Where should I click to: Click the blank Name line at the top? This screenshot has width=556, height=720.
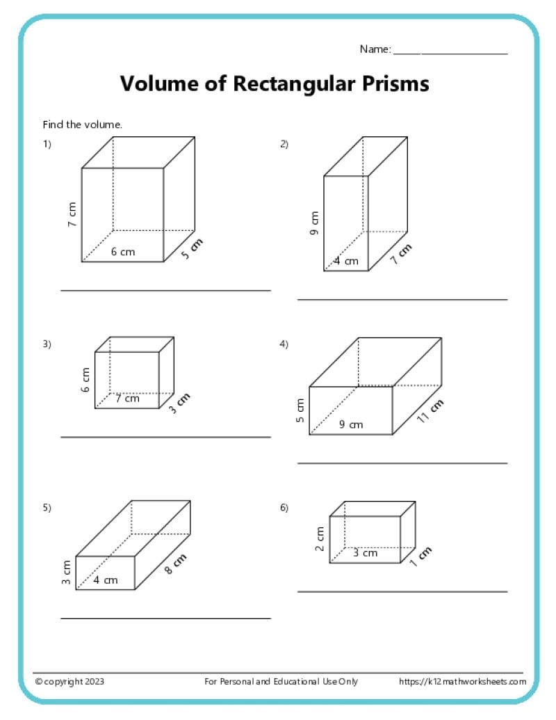click(450, 54)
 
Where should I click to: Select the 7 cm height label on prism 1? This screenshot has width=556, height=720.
click(72, 215)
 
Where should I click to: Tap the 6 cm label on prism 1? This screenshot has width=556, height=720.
click(123, 252)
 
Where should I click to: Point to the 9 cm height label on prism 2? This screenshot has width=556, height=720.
click(314, 223)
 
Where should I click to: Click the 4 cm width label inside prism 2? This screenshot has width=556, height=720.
click(346, 262)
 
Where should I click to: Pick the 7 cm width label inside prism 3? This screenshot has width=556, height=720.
click(127, 399)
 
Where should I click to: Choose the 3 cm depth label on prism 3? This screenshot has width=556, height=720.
click(179, 404)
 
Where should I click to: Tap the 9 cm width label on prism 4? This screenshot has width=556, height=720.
click(351, 424)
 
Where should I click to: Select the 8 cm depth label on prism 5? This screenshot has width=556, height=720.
click(177, 564)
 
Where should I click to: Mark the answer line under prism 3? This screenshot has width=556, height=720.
click(165, 437)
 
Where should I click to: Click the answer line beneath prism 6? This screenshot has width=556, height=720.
click(402, 592)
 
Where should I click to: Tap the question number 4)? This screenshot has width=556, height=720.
click(284, 344)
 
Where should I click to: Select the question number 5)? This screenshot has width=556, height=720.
click(47, 508)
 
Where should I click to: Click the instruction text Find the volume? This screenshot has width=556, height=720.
click(83, 125)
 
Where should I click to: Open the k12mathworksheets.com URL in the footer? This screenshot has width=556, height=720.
click(462, 682)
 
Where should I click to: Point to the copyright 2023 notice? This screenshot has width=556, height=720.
click(70, 682)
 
